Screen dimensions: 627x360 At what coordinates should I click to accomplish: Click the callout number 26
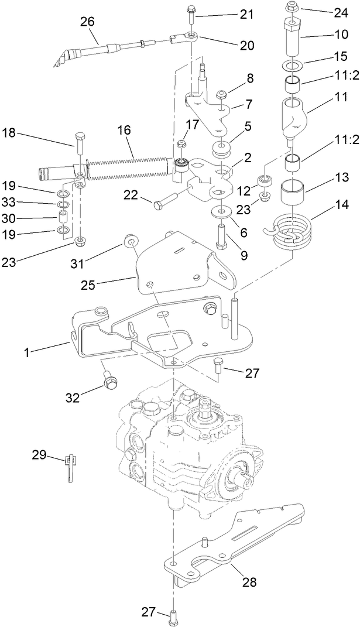coord(87,22)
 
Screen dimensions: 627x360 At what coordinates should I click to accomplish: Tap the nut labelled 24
coord(291,8)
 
